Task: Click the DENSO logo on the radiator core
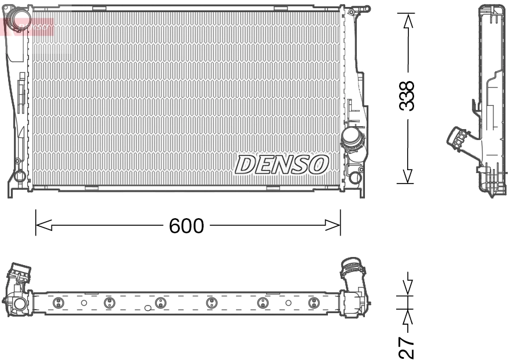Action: click(x=282, y=165)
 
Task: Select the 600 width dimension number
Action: click(x=186, y=226)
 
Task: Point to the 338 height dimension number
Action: click(x=408, y=95)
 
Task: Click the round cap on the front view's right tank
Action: click(x=351, y=138)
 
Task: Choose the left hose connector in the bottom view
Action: click(x=20, y=273)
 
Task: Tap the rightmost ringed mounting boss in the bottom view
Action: click(x=313, y=303)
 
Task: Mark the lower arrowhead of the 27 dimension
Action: click(x=408, y=317)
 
